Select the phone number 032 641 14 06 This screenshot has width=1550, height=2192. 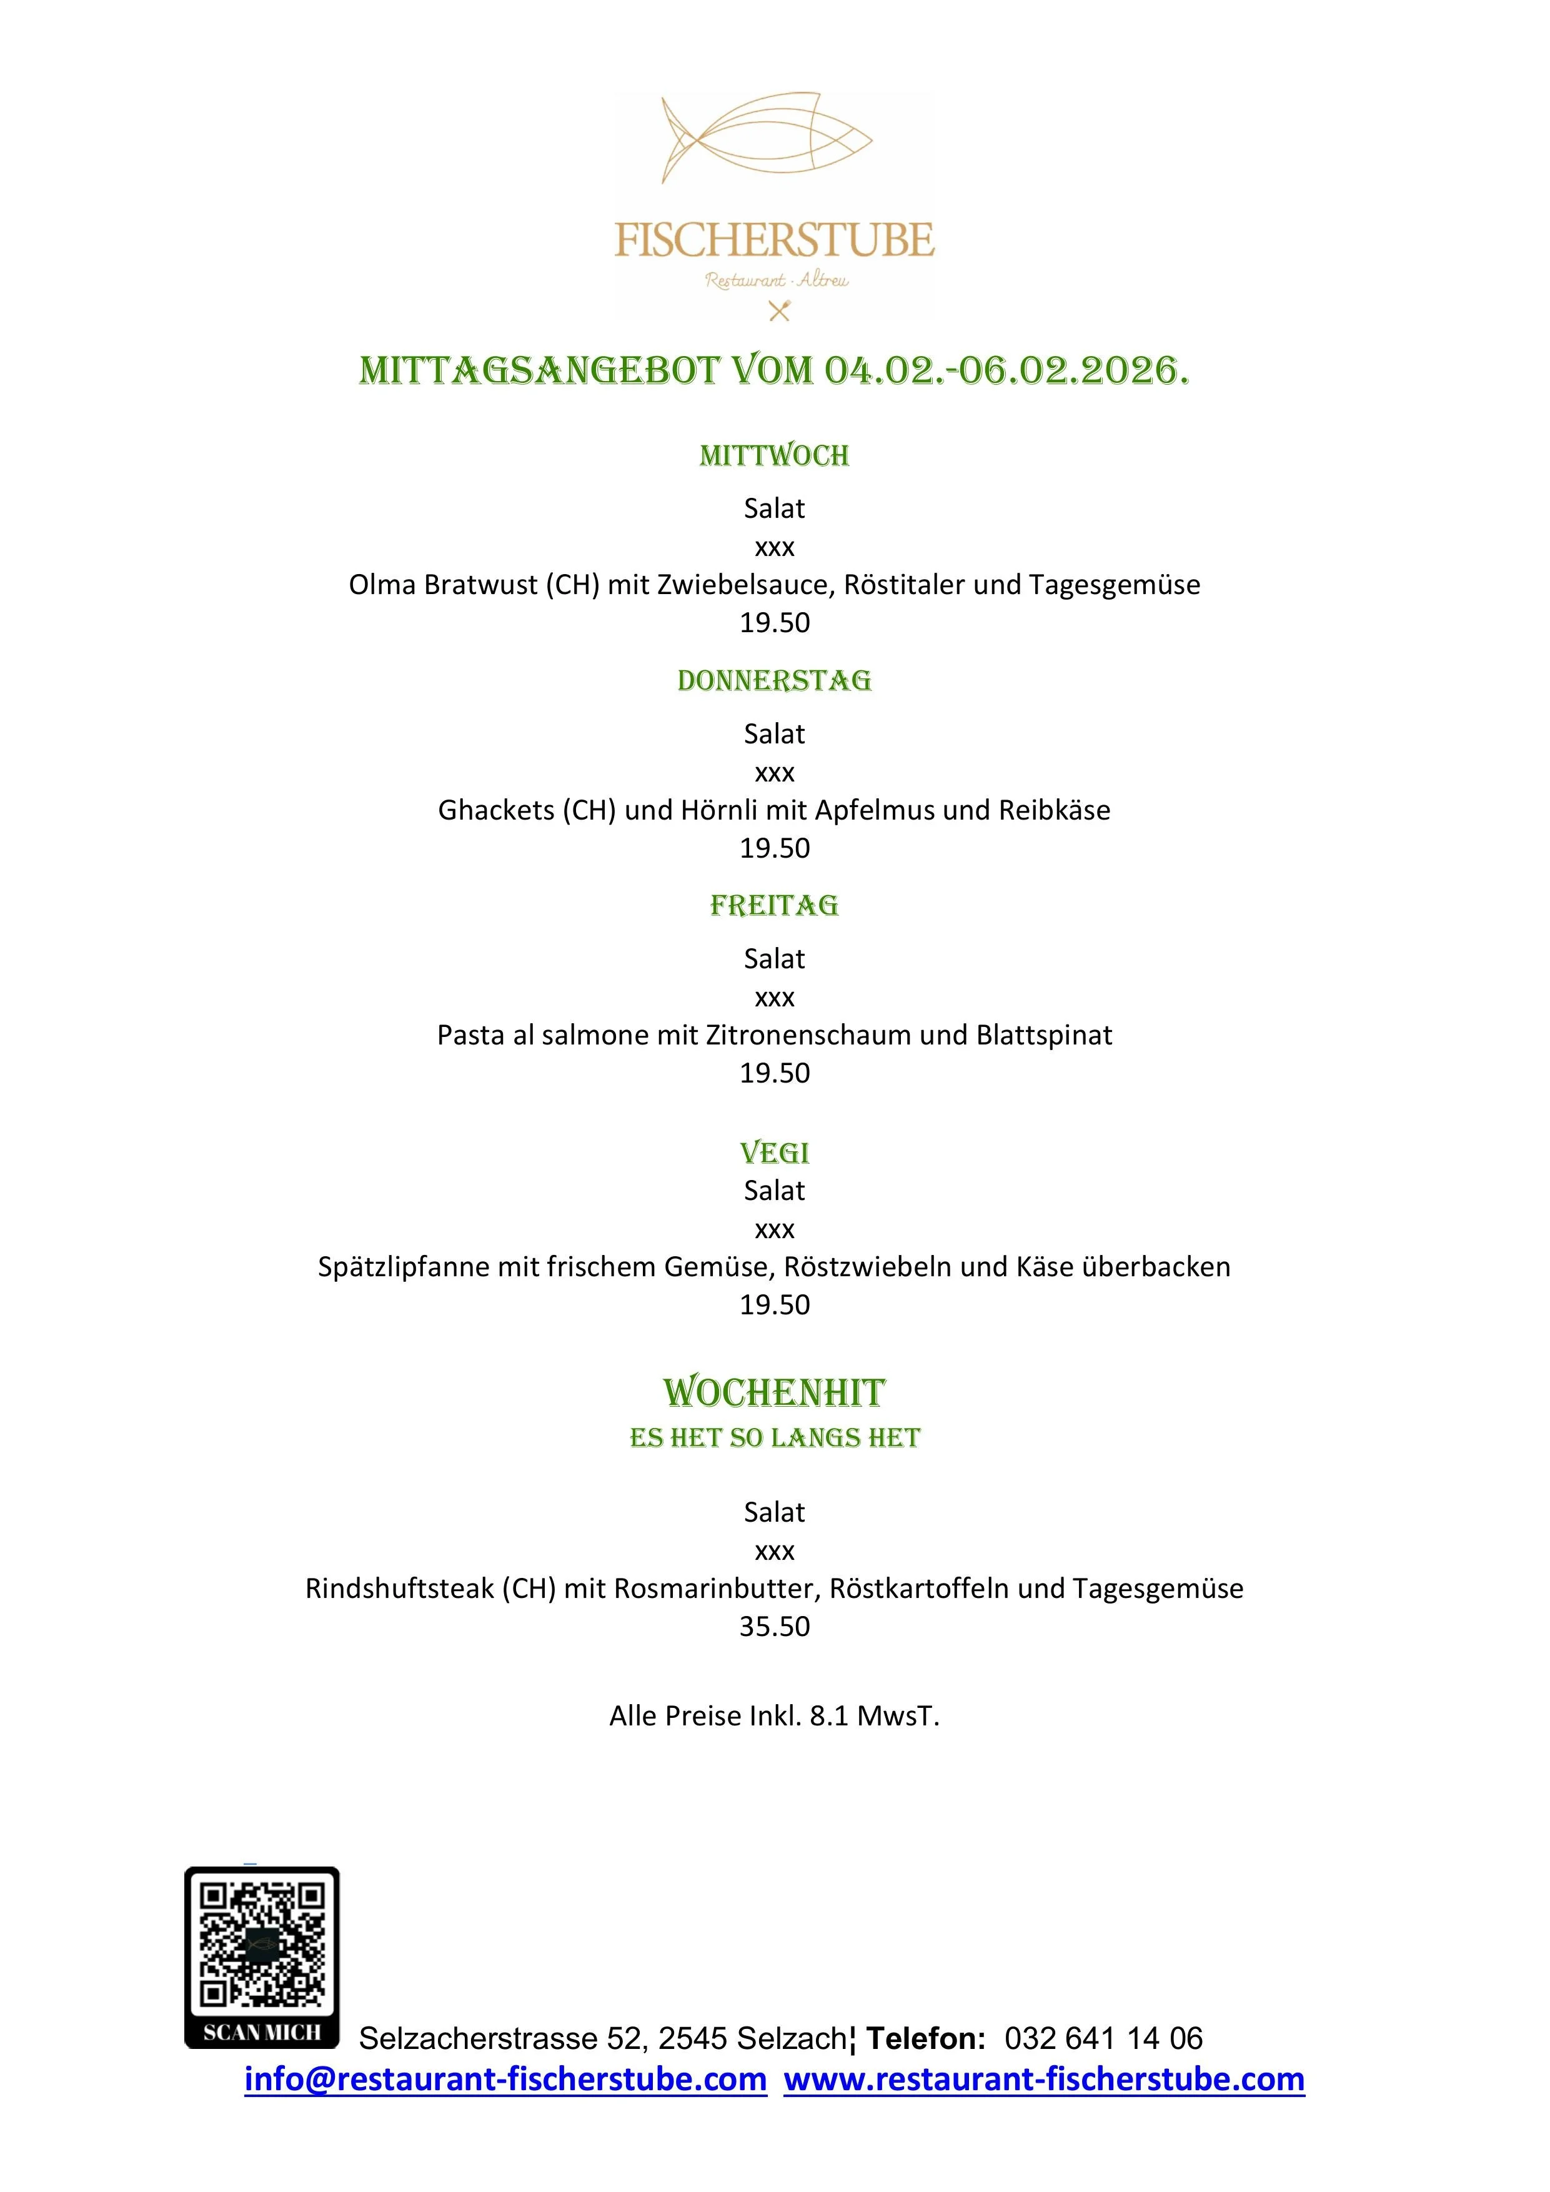click(x=1103, y=2038)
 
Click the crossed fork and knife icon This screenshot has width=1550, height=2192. click(x=779, y=310)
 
